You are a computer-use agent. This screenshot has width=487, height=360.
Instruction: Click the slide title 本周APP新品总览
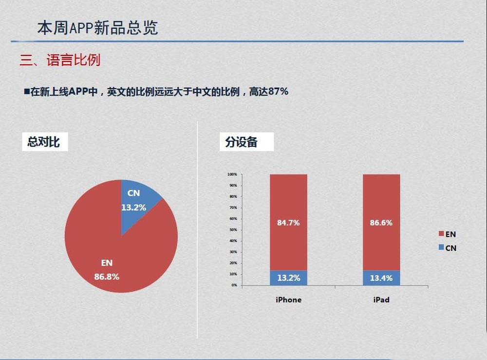coord(97,28)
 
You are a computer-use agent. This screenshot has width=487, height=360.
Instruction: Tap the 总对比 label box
coord(44,142)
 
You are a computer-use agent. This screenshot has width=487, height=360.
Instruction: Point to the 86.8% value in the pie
coord(107,277)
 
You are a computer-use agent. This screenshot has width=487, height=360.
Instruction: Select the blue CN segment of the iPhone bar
coord(288,278)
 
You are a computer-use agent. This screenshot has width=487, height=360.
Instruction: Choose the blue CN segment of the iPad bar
coord(381,278)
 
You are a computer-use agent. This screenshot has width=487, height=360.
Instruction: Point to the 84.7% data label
coord(288,223)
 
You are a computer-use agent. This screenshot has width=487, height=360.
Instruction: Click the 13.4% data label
coord(381,278)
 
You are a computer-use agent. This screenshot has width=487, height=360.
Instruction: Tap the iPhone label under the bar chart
coord(288,300)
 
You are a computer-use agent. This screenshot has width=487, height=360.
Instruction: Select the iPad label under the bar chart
coord(381,300)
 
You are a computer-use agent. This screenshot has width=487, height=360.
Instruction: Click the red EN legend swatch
coord(441,234)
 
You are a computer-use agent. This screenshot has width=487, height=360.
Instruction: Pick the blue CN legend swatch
coord(441,247)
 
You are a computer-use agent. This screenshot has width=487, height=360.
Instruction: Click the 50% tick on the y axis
coord(233,229)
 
